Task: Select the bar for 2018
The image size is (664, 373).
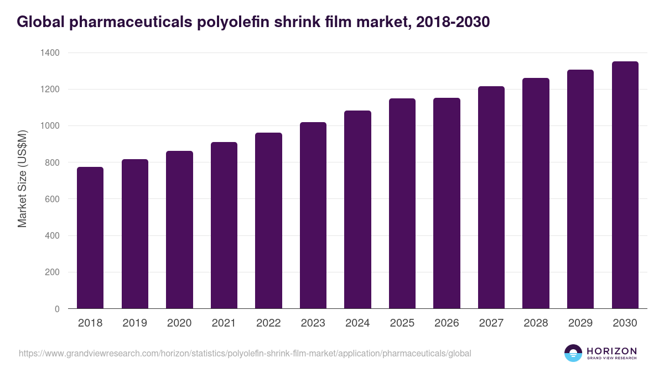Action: coord(90,238)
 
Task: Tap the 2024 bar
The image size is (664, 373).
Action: coord(357,209)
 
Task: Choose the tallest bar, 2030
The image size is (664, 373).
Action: coord(625,185)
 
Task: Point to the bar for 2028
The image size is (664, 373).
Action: coord(536,193)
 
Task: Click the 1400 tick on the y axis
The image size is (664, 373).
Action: coord(49,53)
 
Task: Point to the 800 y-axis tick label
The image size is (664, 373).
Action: coord(51,162)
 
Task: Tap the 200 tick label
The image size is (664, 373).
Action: coord(51,272)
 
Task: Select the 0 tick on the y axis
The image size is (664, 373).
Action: coord(57,309)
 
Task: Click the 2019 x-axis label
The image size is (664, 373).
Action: coord(135,323)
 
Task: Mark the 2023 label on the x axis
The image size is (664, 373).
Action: coord(313,323)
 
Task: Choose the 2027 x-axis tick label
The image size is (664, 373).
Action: coord(491,323)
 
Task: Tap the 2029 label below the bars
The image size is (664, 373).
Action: coord(580,323)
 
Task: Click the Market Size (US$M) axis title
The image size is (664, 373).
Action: coord(23,178)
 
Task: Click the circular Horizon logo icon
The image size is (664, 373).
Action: coord(573,353)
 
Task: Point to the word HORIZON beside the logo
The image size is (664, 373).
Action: coord(611,351)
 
